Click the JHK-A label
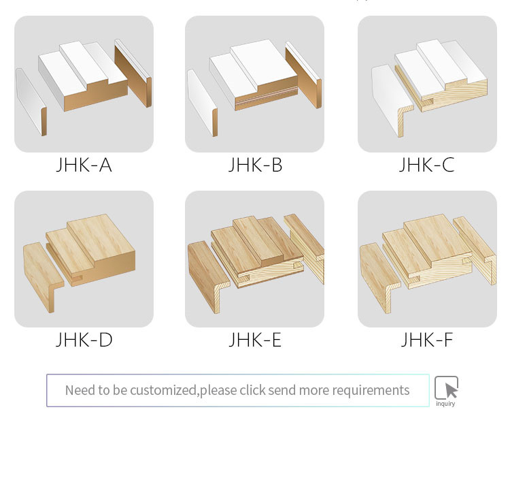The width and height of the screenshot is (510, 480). [84, 165]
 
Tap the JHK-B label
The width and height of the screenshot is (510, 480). [255, 165]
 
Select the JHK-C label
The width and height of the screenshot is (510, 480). [427, 165]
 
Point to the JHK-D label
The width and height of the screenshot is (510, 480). [84, 340]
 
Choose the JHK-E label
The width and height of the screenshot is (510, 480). [255, 340]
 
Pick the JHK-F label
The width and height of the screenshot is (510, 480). [427, 340]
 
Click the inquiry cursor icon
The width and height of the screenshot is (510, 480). [446, 387]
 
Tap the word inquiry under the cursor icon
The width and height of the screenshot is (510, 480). [445, 404]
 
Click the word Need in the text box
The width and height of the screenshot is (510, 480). [76, 390]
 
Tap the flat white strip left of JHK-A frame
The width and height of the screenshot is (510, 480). [31, 101]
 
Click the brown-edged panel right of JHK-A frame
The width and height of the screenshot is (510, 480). [133, 74]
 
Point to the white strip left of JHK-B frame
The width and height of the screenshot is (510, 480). [203, 103]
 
